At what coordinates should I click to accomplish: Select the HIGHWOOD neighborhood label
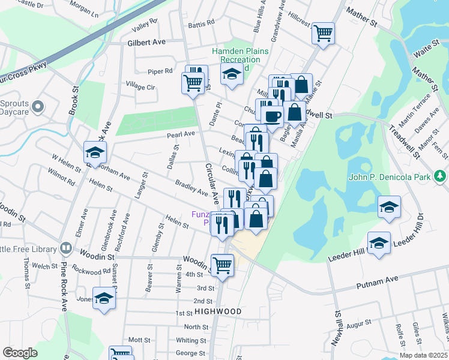(217, 311)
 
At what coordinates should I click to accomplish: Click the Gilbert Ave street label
(146, 43)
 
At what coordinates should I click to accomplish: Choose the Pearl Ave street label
(181, 134)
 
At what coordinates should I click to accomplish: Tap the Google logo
(20, 353)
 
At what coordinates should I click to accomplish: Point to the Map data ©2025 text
(423, 355)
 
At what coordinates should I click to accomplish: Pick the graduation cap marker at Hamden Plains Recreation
(230, 75)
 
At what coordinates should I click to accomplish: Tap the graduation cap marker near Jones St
(104, 298)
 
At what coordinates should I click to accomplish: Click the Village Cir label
(140, 86)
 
